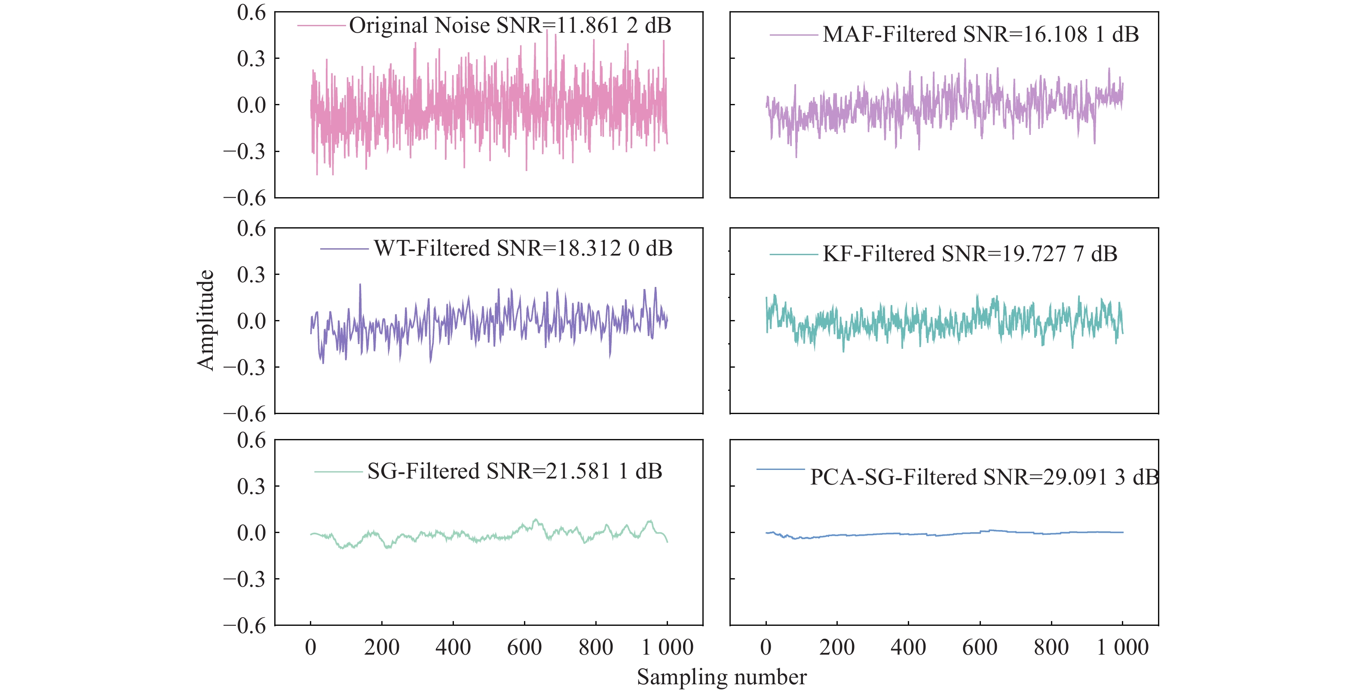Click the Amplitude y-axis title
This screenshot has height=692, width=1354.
pyautogui.click(x=205, y=320)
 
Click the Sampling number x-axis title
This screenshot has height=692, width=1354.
pyautogui.click(x=721, y=677)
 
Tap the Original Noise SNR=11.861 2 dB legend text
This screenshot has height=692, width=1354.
pyautogui.click(x=510, y=25)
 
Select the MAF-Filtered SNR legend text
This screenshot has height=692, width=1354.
pyautogui.click(x=980, y=35)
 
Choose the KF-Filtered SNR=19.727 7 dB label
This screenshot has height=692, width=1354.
pyautogui.click(x=970, y=254)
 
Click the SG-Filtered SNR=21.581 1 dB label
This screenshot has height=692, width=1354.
pyautogui.click(x=514, y=471)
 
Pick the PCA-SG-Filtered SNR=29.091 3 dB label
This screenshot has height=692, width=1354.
pyautogui.click(x=984, y=477)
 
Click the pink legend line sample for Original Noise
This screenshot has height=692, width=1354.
pyautogui.click(x=321, y=25)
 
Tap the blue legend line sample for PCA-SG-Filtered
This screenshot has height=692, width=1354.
pyautogui.click(x=780, y=469)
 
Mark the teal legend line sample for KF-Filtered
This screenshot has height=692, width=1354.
pyautogui.click(x=793, y=255)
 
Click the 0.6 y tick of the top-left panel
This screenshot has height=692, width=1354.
pyautogui.click(x=251, y=12)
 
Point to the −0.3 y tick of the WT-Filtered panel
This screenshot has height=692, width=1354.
pyautogui.click(x=245, y=367)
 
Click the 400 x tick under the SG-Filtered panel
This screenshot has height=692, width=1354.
pyautogui.click(x=453, y=647)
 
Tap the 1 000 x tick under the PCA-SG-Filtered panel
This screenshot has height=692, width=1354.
pyautogui.click(x=1122, y=647)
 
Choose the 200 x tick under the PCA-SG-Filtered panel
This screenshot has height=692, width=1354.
pyautogui.click(x=837, y=647)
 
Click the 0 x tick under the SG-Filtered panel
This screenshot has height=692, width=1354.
pyautogui.click(x=311, y=647)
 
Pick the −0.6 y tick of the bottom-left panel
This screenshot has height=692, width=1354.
pyautogui.click(x=245, y=626)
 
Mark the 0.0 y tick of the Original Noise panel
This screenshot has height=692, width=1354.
pyautogui.click(x=251, y=105)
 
